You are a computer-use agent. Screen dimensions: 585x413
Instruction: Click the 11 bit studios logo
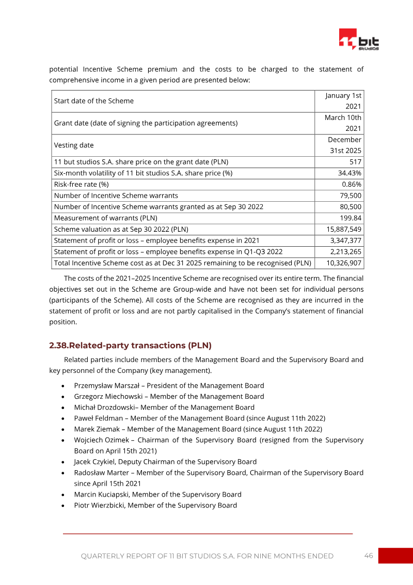pos(359,39)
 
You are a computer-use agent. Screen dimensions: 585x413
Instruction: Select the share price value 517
pos(355,162)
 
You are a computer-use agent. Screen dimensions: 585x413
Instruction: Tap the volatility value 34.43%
pos(350,173)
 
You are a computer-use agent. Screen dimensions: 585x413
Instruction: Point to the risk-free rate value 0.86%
pos(352,184)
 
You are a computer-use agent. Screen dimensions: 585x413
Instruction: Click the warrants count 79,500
pos(350,196)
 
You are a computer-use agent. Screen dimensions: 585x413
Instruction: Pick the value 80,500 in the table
pos(350,206)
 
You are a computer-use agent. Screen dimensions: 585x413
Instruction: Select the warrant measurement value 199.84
pos(351,217)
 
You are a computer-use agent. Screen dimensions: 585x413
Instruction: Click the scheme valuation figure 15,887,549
pos(344,229)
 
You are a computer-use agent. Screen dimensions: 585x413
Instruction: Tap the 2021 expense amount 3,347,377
pos(346,240)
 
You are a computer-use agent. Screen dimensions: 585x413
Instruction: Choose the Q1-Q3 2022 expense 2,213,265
pos(346,252)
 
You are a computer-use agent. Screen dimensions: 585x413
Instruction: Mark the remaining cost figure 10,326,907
pos(344,263)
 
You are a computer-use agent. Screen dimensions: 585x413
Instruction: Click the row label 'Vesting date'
pos(74,146)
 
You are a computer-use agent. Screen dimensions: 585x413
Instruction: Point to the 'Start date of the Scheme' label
pos(93,101)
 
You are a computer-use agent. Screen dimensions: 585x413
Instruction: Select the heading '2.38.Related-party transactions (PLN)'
pos(130,346)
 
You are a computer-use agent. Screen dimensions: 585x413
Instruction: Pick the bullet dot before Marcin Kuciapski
pos(62,495)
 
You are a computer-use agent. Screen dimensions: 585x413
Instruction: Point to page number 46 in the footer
pos(369,556)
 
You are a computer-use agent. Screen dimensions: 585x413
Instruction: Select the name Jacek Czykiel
pos(94,462)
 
